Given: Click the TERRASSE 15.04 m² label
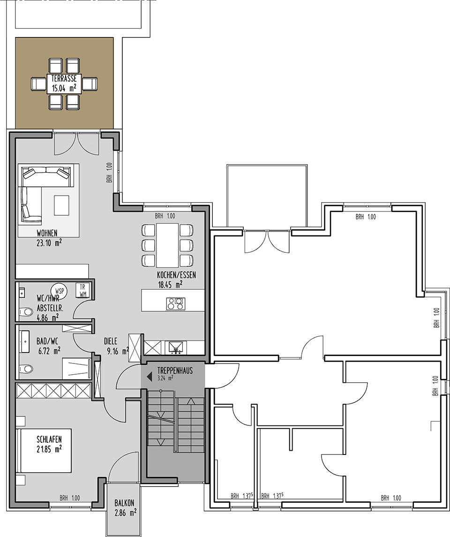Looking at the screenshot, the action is click(64, 83).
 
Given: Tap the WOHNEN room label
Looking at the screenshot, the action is click(47, 234).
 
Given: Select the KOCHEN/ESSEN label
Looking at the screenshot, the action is click(177, 275).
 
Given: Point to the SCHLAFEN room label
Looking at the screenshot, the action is click(49, 439).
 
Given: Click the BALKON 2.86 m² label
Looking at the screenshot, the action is click(125, 507).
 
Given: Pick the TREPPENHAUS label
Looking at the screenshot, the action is click(175, 370).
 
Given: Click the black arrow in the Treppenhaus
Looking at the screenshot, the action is click(149, 377).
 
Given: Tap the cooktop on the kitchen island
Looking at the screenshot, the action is click(176, 303).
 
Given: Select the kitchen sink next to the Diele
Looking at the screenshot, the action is click(176, 347).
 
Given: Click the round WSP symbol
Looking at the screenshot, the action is click(59, 291).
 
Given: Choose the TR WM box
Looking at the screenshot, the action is click(82, 290).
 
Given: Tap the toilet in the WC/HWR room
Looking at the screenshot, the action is click(26, 312).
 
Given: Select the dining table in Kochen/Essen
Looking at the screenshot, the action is click(167, 245).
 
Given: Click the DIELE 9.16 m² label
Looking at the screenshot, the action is click(116, 346).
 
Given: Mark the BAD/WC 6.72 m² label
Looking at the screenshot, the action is click(49, 346).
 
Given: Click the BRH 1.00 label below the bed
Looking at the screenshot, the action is click(69, 498).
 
